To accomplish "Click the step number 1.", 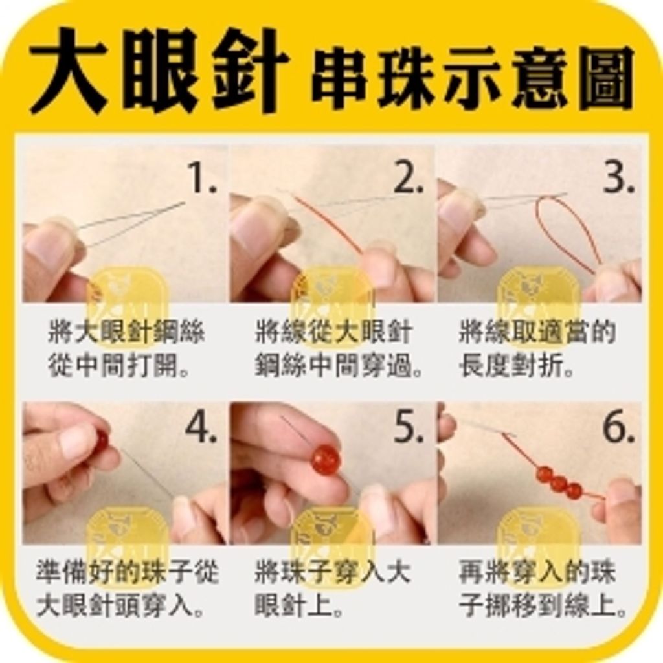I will pos(201,177).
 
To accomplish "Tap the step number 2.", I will pos(409,177).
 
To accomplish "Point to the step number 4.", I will pos(201,427).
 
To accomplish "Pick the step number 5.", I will pos(409,427).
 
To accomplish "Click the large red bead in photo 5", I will pos(326,460).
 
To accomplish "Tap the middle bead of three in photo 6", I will pos(559,483).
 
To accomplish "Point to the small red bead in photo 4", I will pos(100,440).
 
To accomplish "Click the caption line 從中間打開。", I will pos(120,366).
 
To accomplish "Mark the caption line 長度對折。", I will pos(518,366).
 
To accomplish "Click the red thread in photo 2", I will pos(327,223).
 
